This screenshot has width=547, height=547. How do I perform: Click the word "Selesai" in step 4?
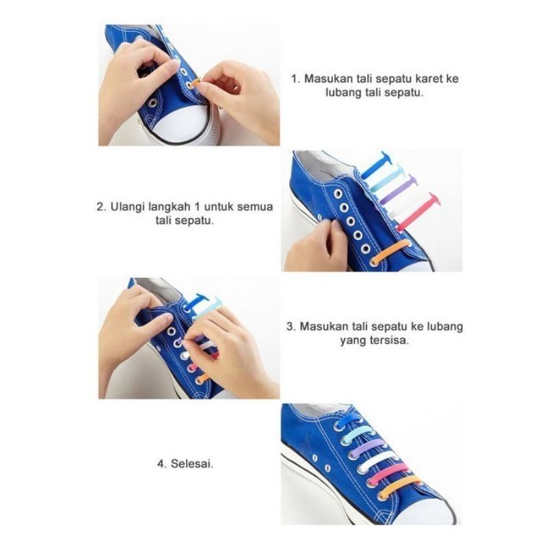193,463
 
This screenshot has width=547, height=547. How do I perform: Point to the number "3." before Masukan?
291,326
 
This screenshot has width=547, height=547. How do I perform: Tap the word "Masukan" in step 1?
329,79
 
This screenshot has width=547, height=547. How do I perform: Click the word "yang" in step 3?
353,340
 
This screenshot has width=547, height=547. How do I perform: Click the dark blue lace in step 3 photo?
198,301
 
